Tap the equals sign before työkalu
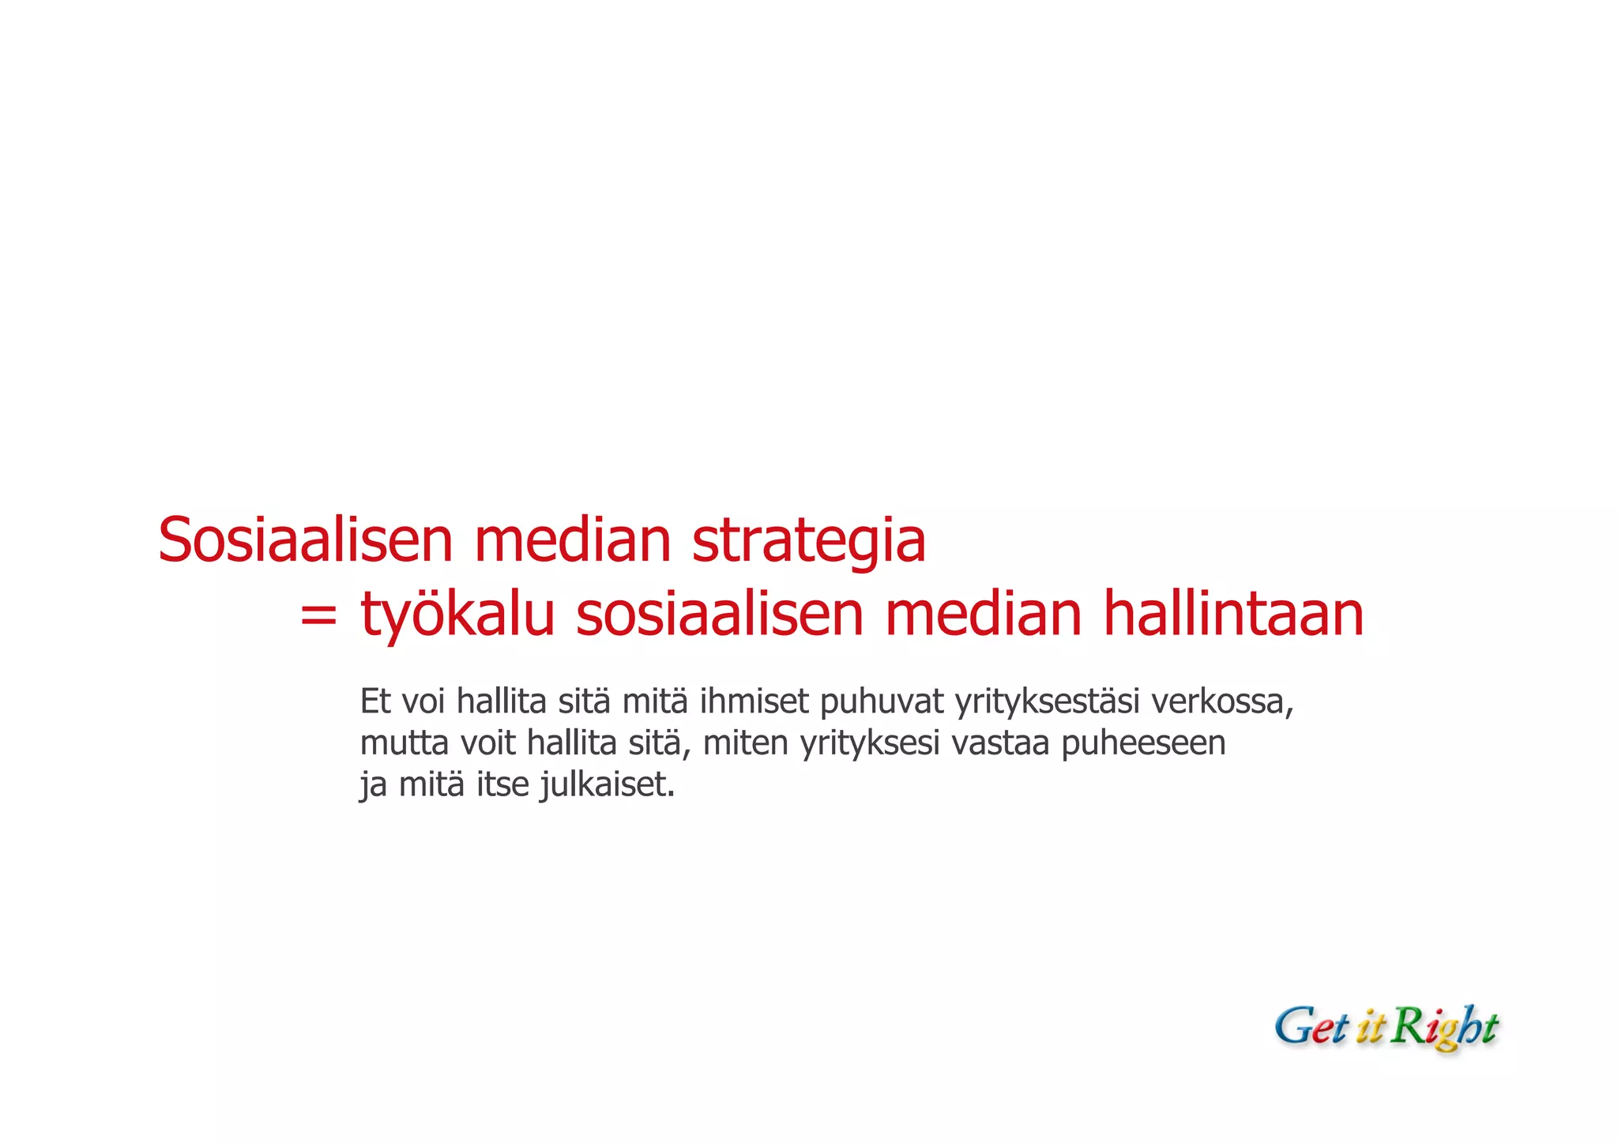click(x=318, y=615)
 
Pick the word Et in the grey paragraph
click(x=375, y=701)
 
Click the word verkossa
click(x=1222, y=701)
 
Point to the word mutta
click(x=404, y=743)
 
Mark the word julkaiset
click(x=608, y=786)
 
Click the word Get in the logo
click(x=1311, y=1028)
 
